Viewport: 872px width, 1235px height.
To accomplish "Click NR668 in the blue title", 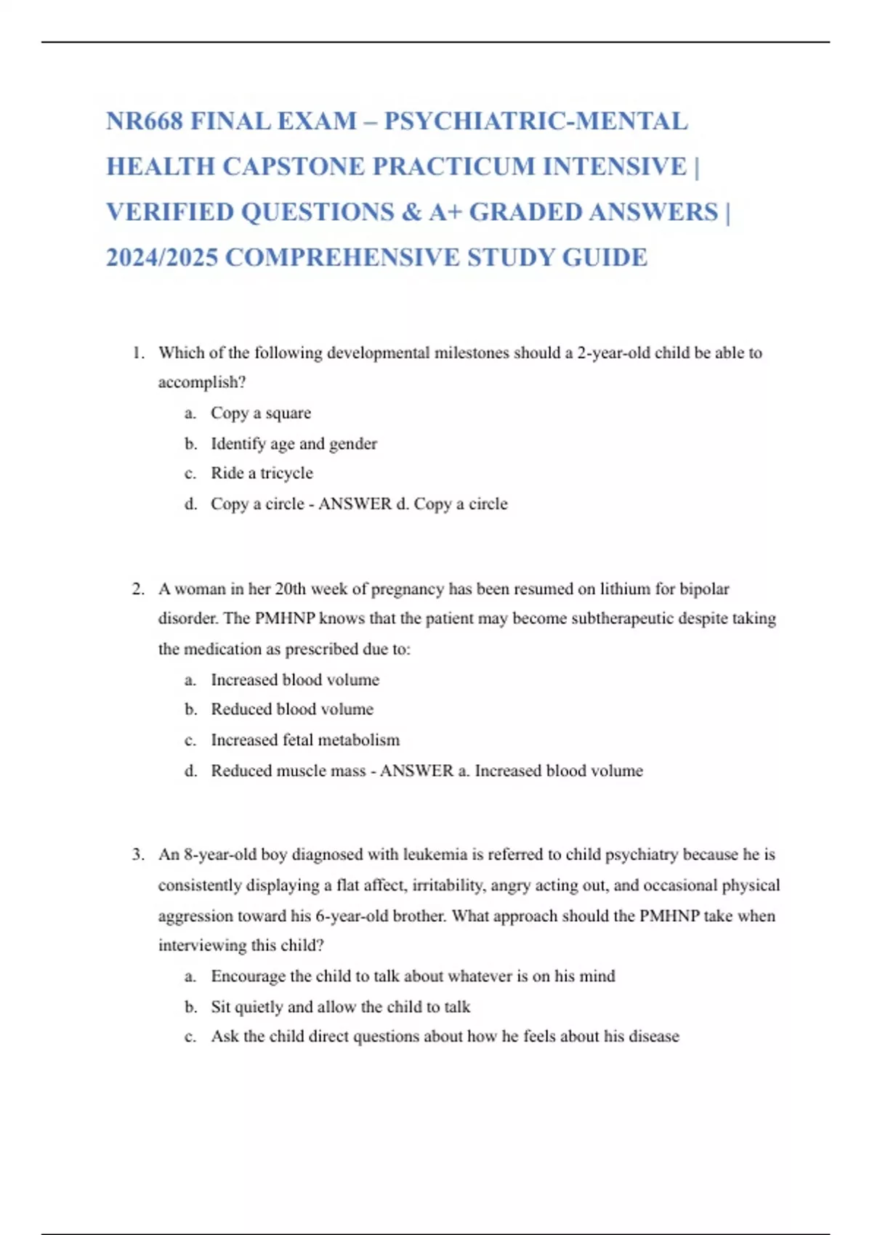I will (x=144, y=121).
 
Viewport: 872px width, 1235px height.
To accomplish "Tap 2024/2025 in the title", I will (x=161, y=258).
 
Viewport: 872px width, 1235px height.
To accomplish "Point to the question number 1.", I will (x=138, y=353).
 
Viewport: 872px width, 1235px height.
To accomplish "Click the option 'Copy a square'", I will (x=260, y=413).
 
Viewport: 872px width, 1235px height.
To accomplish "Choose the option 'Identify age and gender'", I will (x=294, y=444).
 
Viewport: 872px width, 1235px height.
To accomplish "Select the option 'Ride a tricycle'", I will (x=262, y=474).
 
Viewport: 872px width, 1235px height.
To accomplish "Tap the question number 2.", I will (x=138, y=589).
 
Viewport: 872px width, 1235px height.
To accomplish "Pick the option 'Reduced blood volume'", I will (x=292, y=710).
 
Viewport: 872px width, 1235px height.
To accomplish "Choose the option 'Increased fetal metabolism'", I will (x=305, y=740).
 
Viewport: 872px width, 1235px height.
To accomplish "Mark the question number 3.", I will (x=138, y=855).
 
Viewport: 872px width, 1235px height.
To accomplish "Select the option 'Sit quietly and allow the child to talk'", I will (x=340, y=1007).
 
